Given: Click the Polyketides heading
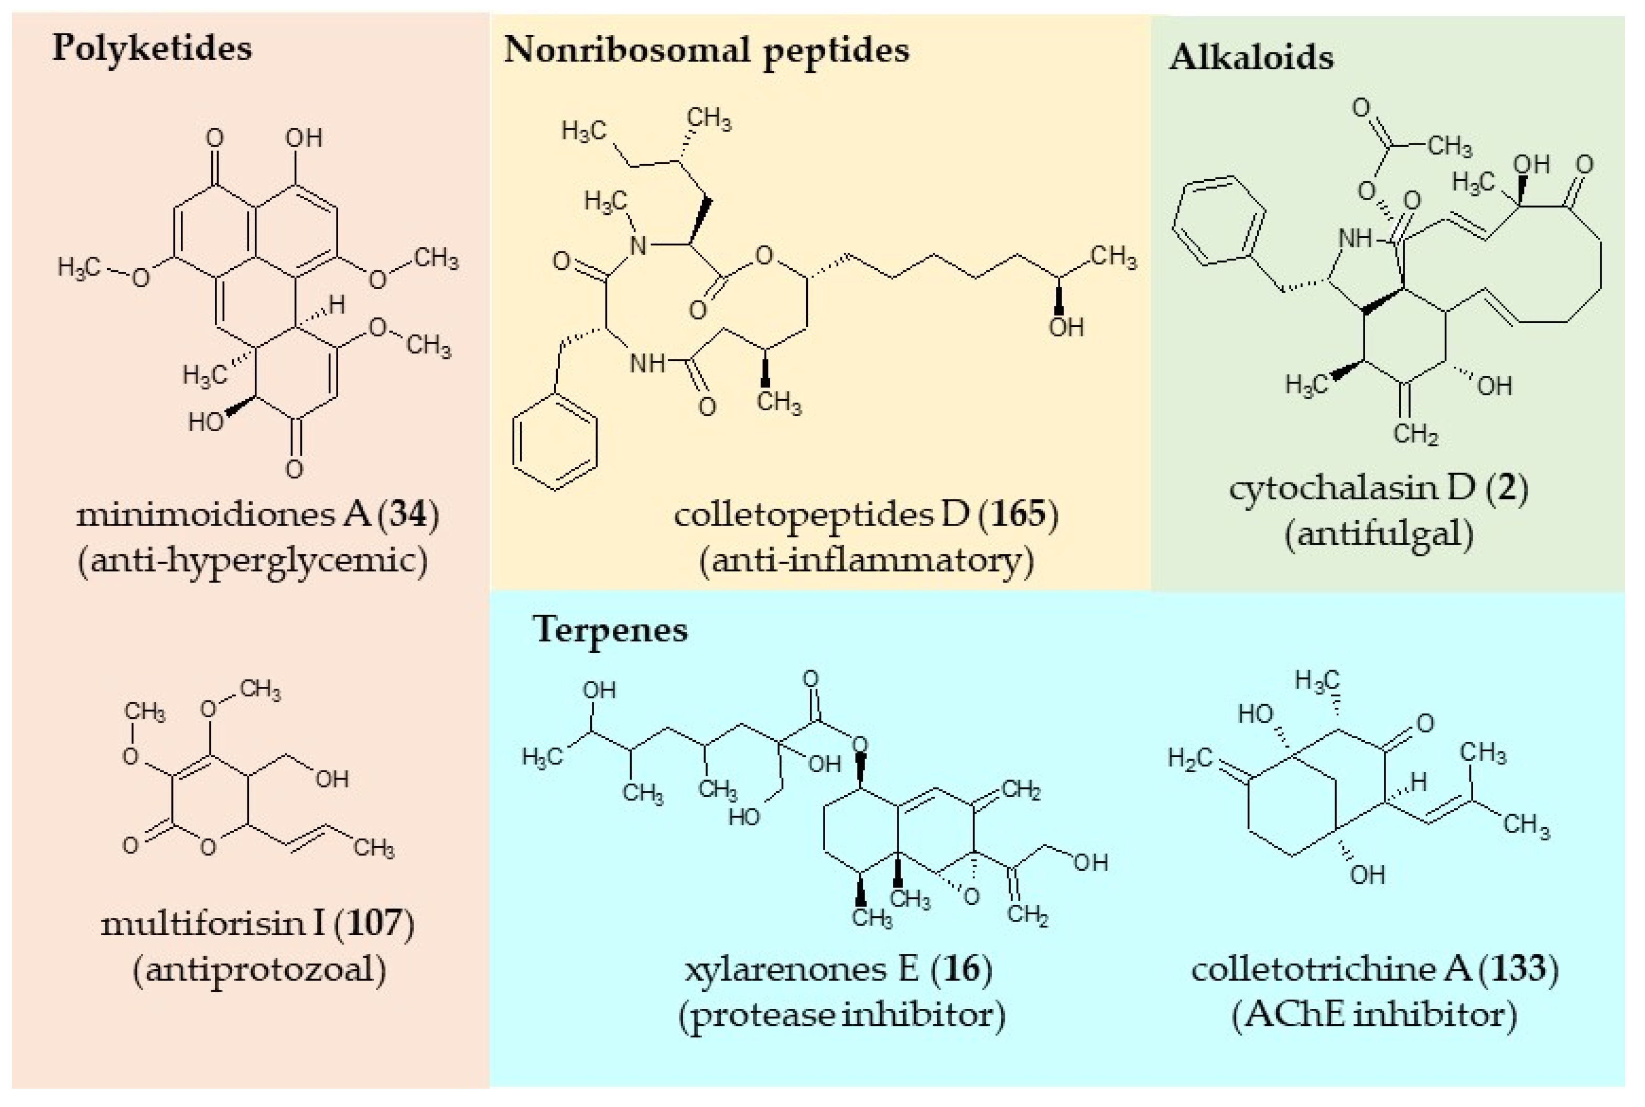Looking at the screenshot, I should tap(152, 49).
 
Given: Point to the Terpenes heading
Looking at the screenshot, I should tap(610, 629).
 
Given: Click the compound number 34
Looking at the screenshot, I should tap(408, 514).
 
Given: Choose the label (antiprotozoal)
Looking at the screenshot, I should tap(259, 969).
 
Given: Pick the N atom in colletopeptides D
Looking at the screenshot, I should tap(638, 246).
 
